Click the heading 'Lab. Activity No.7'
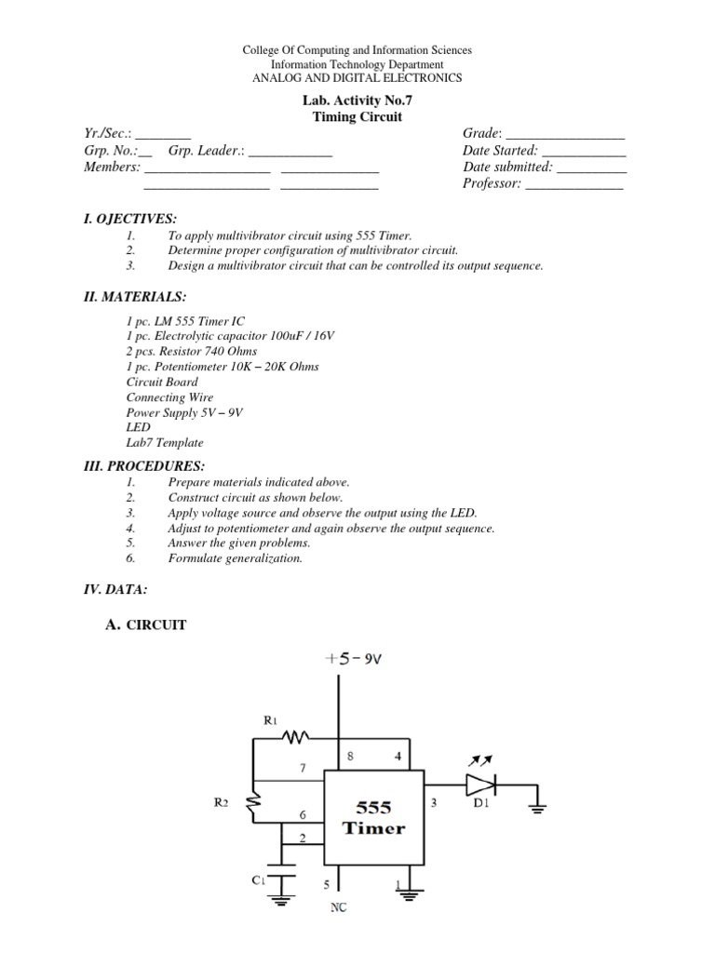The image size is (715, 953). (357, 101)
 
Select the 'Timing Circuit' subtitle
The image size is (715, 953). (357, 117)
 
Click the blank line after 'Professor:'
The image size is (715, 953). (573, 185)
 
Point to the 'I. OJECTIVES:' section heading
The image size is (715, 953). (129, 218)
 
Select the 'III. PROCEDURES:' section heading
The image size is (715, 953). (144, 465)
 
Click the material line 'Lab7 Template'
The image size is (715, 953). (165, 443)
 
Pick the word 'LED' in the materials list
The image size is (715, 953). (137, 427)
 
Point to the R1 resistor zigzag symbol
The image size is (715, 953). (295, 738)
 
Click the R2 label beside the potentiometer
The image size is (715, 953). (220, 801)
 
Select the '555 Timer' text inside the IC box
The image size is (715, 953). (373, 818)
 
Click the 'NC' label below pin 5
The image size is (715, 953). (339, 907)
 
